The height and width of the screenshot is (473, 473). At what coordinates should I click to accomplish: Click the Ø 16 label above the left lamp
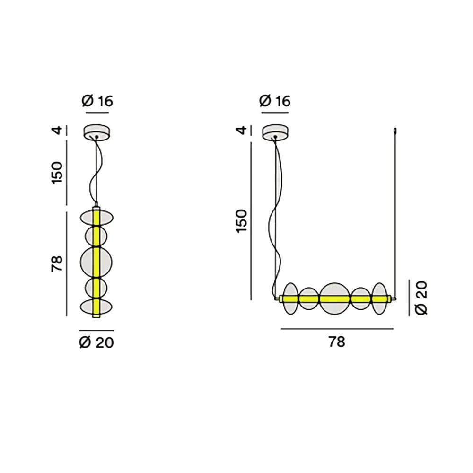click(97, 101)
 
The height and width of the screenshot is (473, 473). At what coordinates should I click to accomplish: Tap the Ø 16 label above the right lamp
click(275, 101)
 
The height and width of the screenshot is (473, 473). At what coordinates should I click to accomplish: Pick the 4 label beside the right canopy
click(241, 130)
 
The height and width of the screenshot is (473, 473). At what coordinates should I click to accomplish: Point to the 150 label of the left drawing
click(58, 173)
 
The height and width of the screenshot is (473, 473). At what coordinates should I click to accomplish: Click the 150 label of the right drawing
click(241, 220)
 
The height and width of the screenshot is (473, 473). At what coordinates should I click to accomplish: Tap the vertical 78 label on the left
click(58, 264)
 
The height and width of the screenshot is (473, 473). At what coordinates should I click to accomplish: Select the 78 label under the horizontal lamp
click(337, 342)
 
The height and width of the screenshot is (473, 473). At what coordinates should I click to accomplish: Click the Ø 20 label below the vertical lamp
click(96, 342)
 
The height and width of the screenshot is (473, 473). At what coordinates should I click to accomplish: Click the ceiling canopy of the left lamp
click(96, 131)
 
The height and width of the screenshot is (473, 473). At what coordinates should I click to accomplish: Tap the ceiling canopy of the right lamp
click(275, 131)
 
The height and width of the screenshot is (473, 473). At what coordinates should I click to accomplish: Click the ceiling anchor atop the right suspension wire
click(395, 130)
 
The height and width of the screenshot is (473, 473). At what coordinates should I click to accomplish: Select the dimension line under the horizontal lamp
click(337, 329)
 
